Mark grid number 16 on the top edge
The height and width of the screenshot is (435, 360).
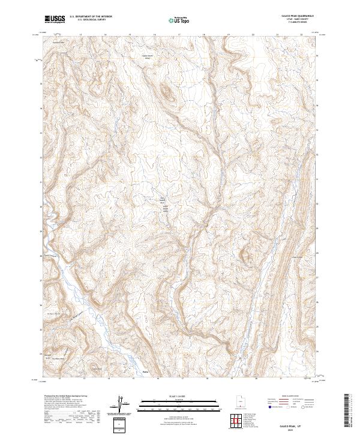155,35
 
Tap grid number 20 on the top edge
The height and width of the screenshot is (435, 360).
253,35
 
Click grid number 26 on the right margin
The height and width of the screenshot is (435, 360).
317,303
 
